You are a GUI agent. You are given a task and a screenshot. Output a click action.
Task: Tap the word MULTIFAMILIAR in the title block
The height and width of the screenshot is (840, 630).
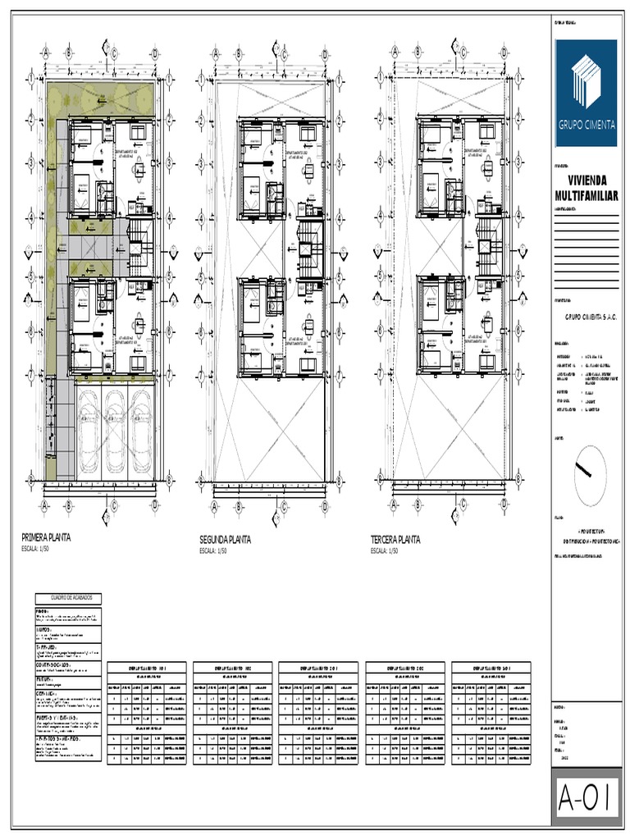[586, 195]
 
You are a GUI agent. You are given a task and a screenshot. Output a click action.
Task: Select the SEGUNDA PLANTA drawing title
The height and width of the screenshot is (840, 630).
[226, 540]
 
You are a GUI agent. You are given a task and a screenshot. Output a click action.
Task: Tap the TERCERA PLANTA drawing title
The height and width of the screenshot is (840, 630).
[395, 540]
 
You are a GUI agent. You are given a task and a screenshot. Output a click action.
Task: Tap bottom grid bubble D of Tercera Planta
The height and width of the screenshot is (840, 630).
[502, 505]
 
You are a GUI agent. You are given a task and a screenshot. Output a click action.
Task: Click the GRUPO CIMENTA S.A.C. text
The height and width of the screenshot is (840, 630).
[585, 313]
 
